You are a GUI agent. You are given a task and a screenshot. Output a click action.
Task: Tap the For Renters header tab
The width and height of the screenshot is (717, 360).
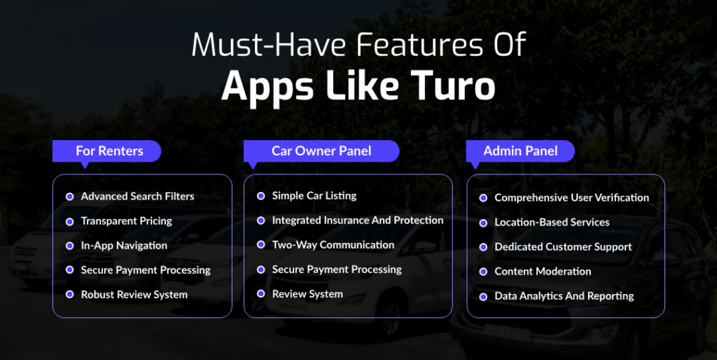(x=109, y=151)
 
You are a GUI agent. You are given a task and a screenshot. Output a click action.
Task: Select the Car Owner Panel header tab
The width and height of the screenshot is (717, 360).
(x=321, y=151)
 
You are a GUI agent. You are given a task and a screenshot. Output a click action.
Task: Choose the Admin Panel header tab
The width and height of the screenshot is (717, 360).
(x=520, y=151)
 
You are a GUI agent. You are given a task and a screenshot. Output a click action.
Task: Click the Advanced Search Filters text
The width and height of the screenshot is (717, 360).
(x=137, y=196)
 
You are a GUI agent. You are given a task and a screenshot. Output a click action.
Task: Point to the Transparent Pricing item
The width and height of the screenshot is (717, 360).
(x=126, y=221)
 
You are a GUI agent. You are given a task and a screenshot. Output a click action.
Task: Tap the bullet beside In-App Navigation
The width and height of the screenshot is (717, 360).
(x=69, y=246)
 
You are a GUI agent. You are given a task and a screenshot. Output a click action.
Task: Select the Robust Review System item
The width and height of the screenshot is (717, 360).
(x=134, y=294)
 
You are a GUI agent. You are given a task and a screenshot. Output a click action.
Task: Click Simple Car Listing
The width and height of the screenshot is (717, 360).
(x=314, y=195)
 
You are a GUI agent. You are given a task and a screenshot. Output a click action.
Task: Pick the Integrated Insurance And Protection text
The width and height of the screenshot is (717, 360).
(x=357, y=220)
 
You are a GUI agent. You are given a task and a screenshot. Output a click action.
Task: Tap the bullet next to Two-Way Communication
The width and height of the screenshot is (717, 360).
(x=260, y=245)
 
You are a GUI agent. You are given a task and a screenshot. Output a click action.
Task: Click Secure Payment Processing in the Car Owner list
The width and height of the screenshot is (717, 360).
(x=337, y=269)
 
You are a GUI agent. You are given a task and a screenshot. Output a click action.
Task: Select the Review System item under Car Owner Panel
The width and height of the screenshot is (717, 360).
(x=307, y=293)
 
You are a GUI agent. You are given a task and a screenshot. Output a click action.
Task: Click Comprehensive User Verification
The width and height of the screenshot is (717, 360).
(x=571, y=198)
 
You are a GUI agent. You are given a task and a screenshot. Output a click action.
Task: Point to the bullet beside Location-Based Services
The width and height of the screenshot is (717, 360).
(x=483, y=223)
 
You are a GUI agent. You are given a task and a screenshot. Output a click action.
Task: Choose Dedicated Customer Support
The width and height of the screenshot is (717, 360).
(x=563, y=247)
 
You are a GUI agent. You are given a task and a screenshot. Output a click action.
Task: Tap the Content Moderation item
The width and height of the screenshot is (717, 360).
(x=543, y=271)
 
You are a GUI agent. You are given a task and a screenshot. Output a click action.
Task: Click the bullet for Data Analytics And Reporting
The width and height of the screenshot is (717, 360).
(x=483, y=296)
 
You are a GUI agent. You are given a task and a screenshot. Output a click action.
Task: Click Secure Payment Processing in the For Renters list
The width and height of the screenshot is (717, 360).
(x=146, y=270)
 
